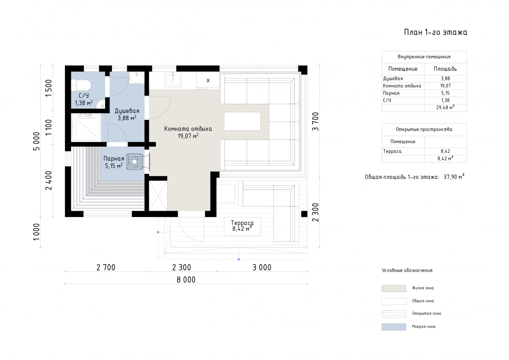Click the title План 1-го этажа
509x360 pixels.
point(435,32)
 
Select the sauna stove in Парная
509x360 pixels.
point(135,162)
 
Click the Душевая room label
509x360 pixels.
point(127,111)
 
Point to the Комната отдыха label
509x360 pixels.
point(188,129)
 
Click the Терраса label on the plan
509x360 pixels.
point(242,223)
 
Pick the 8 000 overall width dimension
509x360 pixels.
point(186,279)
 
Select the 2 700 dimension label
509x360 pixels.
point(106,268)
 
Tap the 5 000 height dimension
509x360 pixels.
point(36,141)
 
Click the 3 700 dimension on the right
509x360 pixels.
point(316,122)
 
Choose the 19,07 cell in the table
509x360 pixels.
point(445,86)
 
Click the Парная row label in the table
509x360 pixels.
point(391,93)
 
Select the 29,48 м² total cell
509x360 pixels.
point(445,107)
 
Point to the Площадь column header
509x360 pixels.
point(445,69)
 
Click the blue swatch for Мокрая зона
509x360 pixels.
point(394,327)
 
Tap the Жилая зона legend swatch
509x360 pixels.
point(394,288)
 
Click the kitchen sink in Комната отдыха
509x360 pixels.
point(173,80)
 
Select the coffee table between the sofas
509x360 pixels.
point(242,121)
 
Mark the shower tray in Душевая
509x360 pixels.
point(86,127)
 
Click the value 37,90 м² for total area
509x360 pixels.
point(454,177)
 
